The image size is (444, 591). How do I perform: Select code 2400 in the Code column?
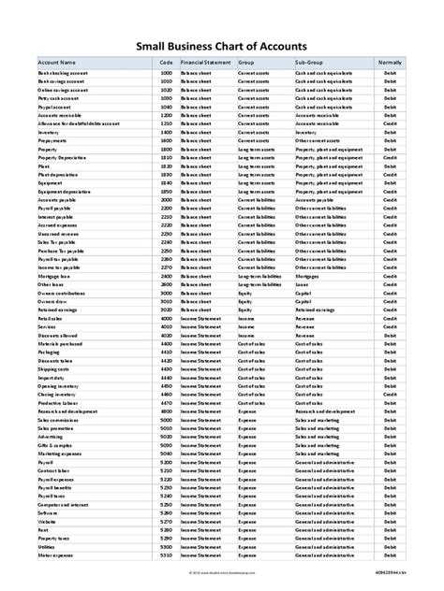167,277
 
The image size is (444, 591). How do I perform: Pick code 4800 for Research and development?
167,411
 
